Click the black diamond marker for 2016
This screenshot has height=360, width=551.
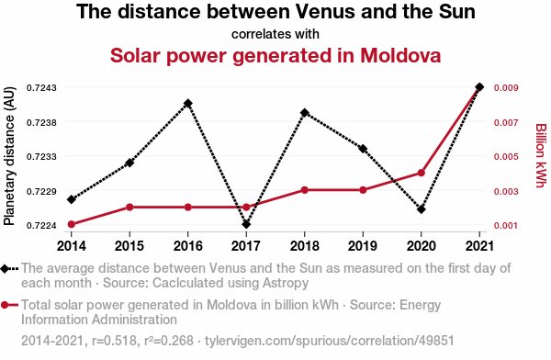coord(188,104)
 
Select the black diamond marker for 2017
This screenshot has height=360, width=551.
coord(246,224)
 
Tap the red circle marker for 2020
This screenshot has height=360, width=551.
coord(422,173)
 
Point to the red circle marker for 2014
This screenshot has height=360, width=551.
coord(72,224)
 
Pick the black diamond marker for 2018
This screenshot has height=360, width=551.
coord(305,113)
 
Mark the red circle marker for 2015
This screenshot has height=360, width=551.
coord(129,207)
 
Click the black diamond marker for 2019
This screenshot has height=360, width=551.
coord(363,149)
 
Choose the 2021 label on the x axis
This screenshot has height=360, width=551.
coord(479,246)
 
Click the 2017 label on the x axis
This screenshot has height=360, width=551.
coord(246,246)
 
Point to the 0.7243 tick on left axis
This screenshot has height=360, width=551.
coord(41,87)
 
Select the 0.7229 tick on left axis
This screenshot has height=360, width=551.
coord(41,192)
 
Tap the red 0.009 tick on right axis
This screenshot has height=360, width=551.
coord(506,87)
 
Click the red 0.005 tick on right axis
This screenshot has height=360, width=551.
coord(506,156)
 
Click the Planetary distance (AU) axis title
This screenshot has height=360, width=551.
coord(9,156)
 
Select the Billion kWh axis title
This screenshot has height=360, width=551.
coord(541,155)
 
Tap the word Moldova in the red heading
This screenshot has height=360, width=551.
coord(400,55)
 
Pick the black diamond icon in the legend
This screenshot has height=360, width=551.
coord(5,269)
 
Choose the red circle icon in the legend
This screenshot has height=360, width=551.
coord(5,305)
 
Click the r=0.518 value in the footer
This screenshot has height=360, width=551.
coord(114,341)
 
